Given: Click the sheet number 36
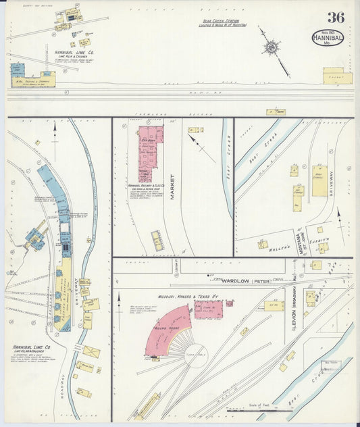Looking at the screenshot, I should click(x=336, y=18).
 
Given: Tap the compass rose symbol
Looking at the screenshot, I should click(x=272, y=47).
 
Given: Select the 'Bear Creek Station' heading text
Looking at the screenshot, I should click(x=223, y=21).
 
